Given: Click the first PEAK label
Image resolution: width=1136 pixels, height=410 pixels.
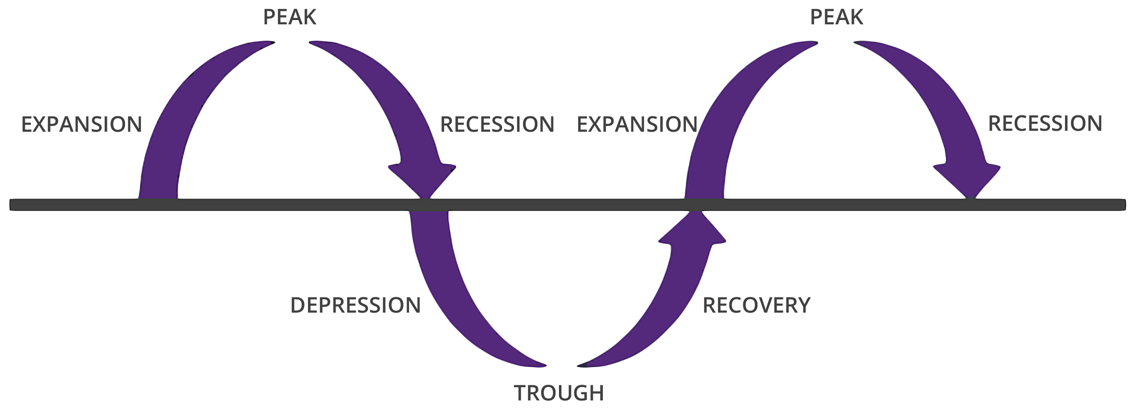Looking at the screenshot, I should pyautogui.click(x=290, y=17).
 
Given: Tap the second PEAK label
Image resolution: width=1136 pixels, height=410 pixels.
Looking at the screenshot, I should pyautogui.click(x=836, y=17).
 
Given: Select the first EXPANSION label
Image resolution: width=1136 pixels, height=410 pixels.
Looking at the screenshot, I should pyautogui.click(x=82, y=125).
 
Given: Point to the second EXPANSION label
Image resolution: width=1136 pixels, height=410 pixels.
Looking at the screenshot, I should pyautogui.click(x=637, y=125).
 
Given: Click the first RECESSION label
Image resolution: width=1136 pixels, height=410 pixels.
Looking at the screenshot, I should pyautogui.click(x=497, y=125).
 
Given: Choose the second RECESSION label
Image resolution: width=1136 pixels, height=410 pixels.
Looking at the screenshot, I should pyautogui.click(x=1045, y=124).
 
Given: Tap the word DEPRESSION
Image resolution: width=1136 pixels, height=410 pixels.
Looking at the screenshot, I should pyautogui.click(x=356, y=305).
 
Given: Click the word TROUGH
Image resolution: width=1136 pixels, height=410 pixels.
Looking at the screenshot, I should pyautogui.click(x=559, y=393).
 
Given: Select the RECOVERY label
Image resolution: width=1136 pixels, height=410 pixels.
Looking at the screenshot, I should pyautogui.click(x=757, y=305).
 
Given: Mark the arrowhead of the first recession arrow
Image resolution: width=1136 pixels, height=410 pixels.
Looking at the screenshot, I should pyautogui.click(x=423, y=179).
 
